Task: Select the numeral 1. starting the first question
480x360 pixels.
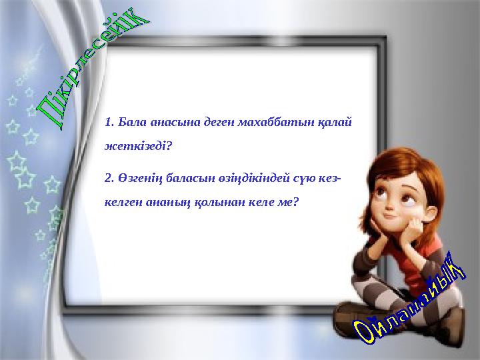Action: coord(109,122)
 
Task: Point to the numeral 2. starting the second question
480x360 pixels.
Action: coord(109,179)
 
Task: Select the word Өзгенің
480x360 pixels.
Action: coord(138,179)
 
